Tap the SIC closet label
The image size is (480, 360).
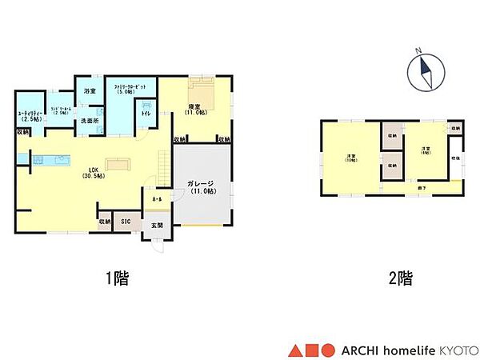pyautogui.click(x=126, y=221)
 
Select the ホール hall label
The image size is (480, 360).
pyautogui.click(x=154, y=197)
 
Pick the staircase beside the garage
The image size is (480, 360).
pyautogui.click(x=165, y=169)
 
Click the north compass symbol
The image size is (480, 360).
pyautogui.click(x=424, y=73)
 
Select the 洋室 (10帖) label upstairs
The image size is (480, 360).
pyautogui.click(x=351, y=158)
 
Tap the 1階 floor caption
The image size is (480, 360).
pyautogui.click(x=118, y=279)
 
